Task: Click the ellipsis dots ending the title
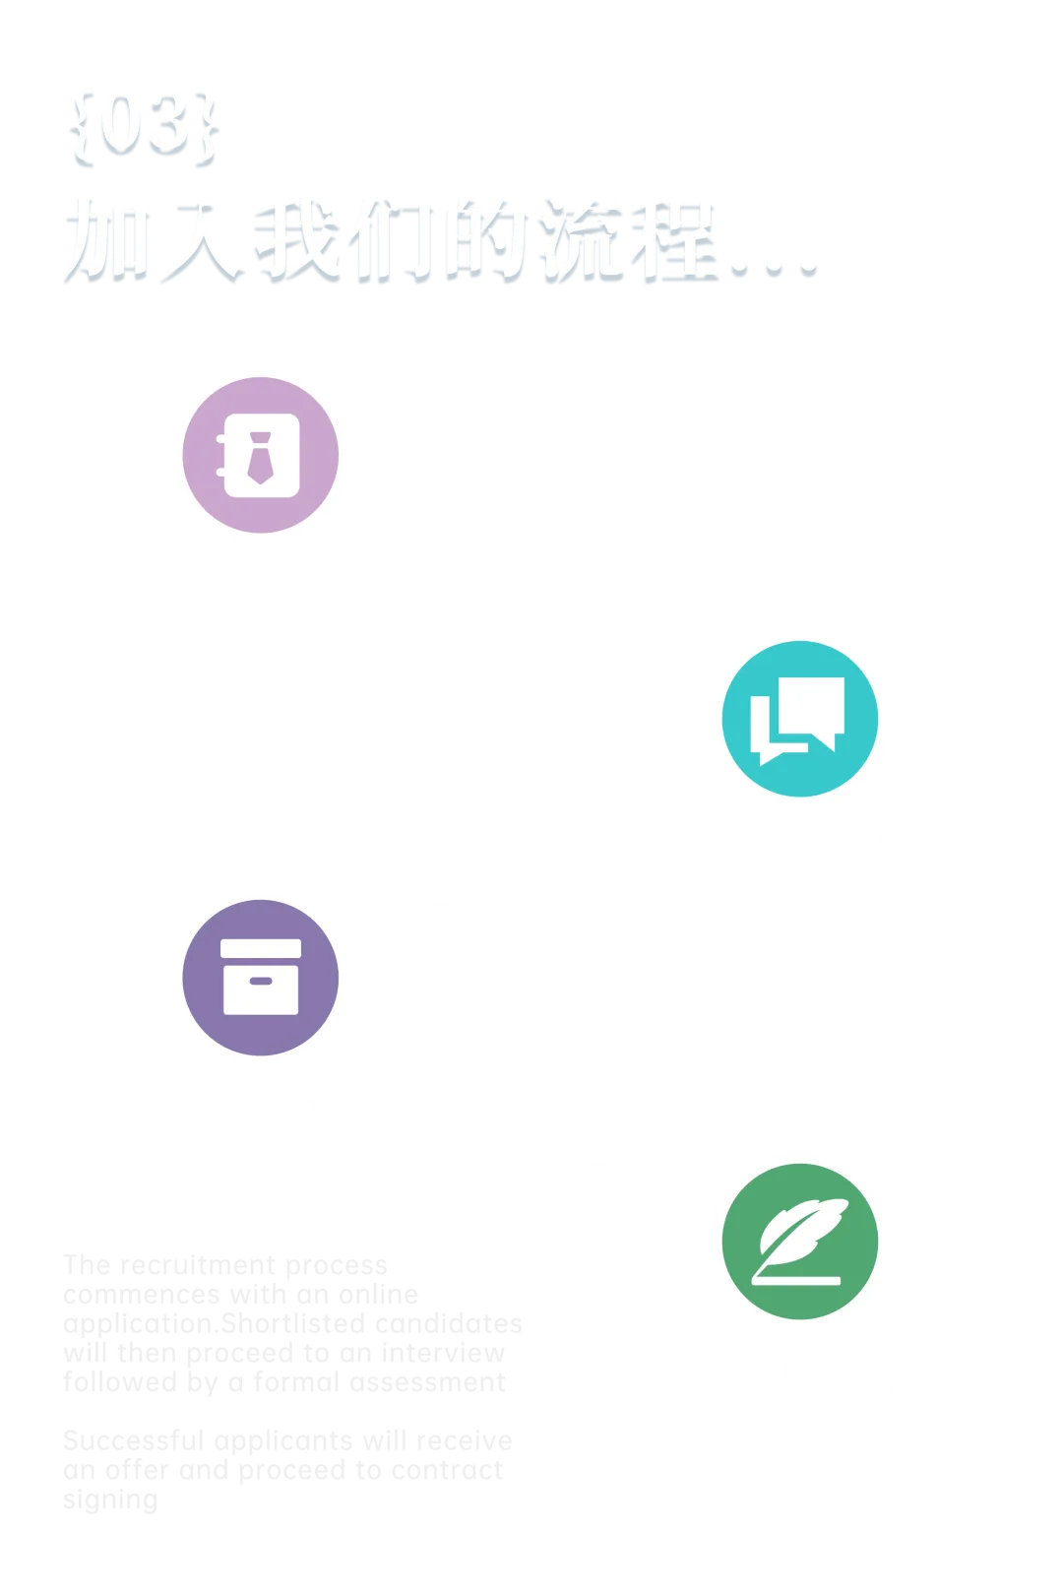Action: click(x=774, y=262)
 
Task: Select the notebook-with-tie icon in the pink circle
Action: click(x=261, y=456)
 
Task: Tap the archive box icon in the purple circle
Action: click(x=261, y=977)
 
